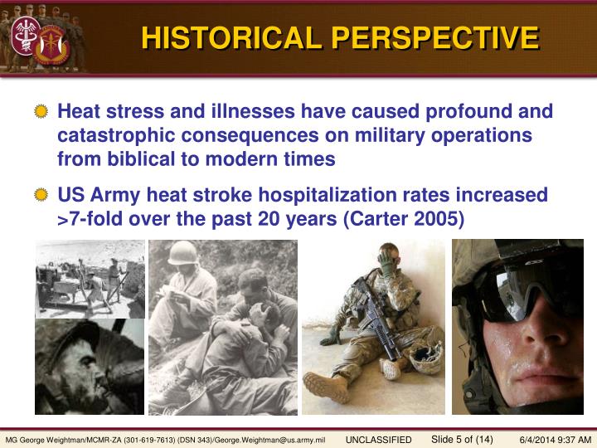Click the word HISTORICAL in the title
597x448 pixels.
[231, 38]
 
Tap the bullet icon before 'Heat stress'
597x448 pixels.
[41, 113]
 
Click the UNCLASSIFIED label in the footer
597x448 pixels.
[378, 439]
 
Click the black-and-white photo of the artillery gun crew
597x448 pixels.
[90, 279]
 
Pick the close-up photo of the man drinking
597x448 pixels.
[90, 367]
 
